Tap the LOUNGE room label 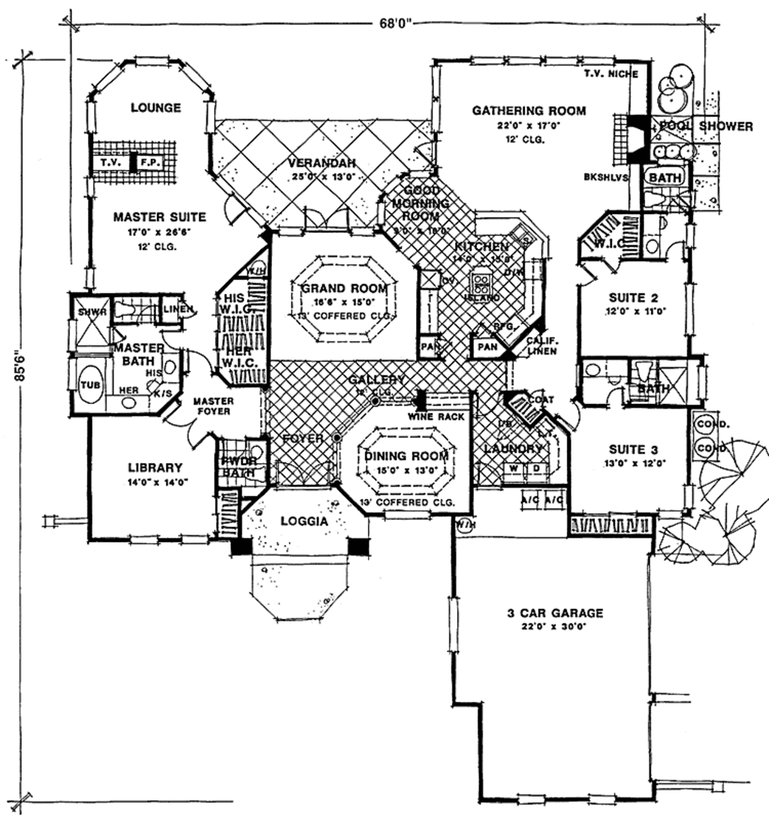click(x=155, y=108)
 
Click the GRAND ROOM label click(x=345, y=288)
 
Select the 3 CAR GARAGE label click(x=554, y=613)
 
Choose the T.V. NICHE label click(x=611, y=74)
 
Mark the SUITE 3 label click(x=633, y=449)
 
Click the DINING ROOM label click(x=406, y=456)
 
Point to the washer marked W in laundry click(x=514, y=469)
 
